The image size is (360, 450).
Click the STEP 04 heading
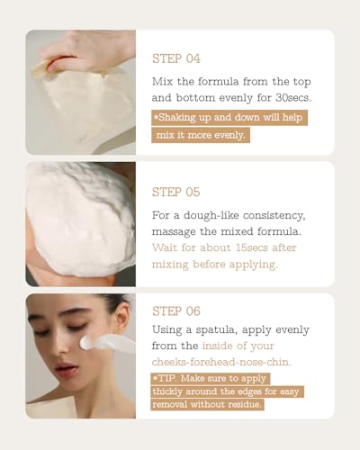176,58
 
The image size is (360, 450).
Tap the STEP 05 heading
176,192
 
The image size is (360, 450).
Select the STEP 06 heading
176,311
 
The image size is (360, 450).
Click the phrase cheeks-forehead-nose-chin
221,362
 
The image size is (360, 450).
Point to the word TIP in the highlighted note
166,378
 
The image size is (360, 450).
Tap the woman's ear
122,322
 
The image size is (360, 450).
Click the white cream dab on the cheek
87,342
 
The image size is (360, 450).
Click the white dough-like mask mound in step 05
79,220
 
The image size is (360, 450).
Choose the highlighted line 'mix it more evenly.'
201,135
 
